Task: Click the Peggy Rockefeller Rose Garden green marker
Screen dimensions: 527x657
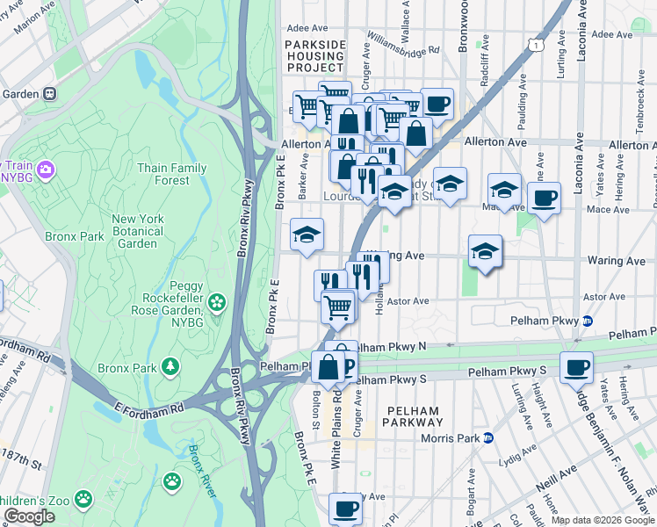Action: [x=216, y=304]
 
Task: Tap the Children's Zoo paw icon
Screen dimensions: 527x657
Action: [x=83, y=499]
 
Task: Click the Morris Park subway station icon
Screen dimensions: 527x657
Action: [x=488, y=438]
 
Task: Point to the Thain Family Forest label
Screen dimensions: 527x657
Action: [x=173, y=174]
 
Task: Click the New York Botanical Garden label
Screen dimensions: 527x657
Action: [x=138, y=231]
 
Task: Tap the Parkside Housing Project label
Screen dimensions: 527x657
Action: [x=315, y=55]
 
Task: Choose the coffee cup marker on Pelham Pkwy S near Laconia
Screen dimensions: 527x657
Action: [x=576, y=366]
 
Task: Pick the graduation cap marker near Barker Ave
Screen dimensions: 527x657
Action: [x=307, y=234]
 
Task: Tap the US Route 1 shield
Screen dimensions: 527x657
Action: [x=533, y=43]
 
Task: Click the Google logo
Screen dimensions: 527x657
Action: [x=30, y=516]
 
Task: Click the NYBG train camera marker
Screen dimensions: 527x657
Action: [x=46, y=168]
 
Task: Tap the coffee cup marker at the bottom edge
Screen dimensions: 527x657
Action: [x=345, y=508]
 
